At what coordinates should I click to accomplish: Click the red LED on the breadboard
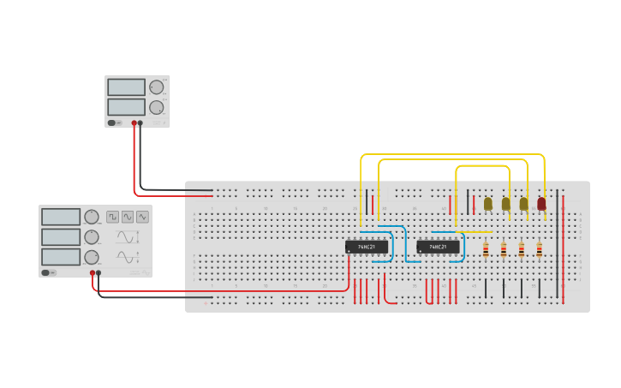[x=541, y=203]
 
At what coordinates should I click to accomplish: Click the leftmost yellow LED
[x=488, y=203]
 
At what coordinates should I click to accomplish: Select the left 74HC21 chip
[x=367, y=247]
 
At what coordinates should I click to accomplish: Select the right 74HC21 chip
[x=438, y=247]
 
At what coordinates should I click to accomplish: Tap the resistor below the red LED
[x=540, y=249]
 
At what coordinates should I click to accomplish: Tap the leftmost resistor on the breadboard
[x=487, y=249]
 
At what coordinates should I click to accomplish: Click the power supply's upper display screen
[x=126, y=87]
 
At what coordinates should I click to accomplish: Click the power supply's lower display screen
[x=126, y=107]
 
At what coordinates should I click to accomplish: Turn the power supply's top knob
[x=156, y=87]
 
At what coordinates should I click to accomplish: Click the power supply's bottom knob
[x=156, y=108]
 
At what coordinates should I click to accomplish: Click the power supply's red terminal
[x=134, y=123]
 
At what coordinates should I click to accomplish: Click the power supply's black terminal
[x=140, y=123]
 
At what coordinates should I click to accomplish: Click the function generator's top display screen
[x=61, y=217]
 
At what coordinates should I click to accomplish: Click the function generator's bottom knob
[x=91, y=257]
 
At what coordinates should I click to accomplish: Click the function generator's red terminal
[x=92, y=273]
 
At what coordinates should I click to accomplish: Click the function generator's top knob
[x=91, y=217]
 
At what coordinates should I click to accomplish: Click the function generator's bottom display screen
[x=61, y=256]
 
